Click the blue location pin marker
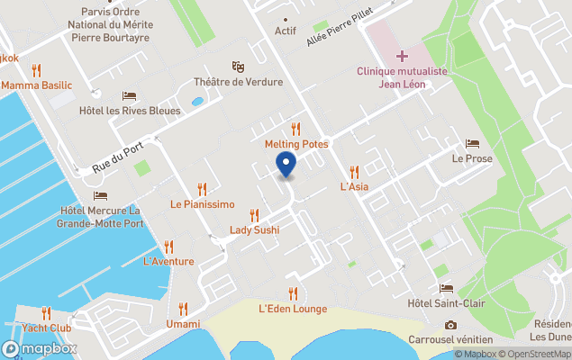[x=286, y=165]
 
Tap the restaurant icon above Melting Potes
[x=295, y=129]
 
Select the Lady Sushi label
[x=254, y=229]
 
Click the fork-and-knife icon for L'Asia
[x=355, y=172]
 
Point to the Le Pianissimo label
[x=202, y=204]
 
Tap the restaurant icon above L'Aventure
[x=168, y=247]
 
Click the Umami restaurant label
[x=183, y=324]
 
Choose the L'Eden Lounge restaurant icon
[x=293, y=293]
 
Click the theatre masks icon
[x=238, y=67]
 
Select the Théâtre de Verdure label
[x=238, y=82]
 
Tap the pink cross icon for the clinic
[x=402, y=56]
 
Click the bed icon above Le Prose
[x=472, y=143]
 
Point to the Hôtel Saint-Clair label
[x=447, y=303]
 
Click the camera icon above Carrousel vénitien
[x=450, y=324]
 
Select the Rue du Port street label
[x=118, y=159]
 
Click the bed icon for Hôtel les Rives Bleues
[x=130, y=96]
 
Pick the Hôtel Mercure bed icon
[x=100, y=195]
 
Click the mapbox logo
[x=40, y=348]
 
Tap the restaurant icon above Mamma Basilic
[x=36, y=70]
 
